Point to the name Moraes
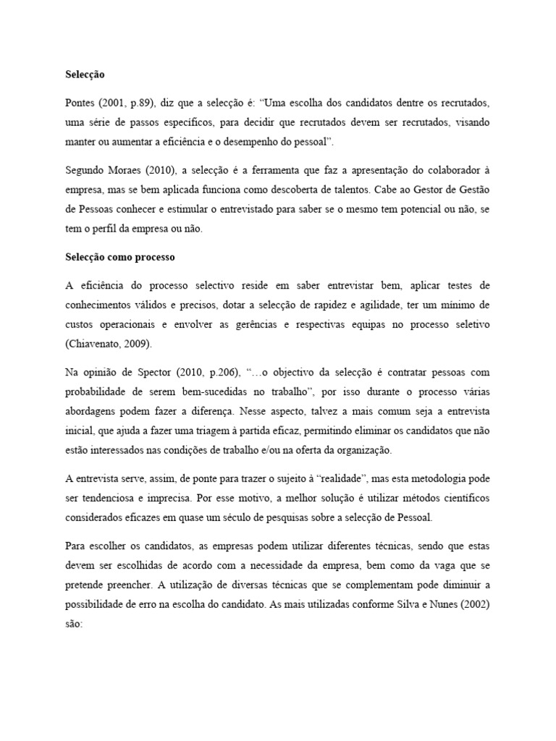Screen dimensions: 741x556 (127, 169)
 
